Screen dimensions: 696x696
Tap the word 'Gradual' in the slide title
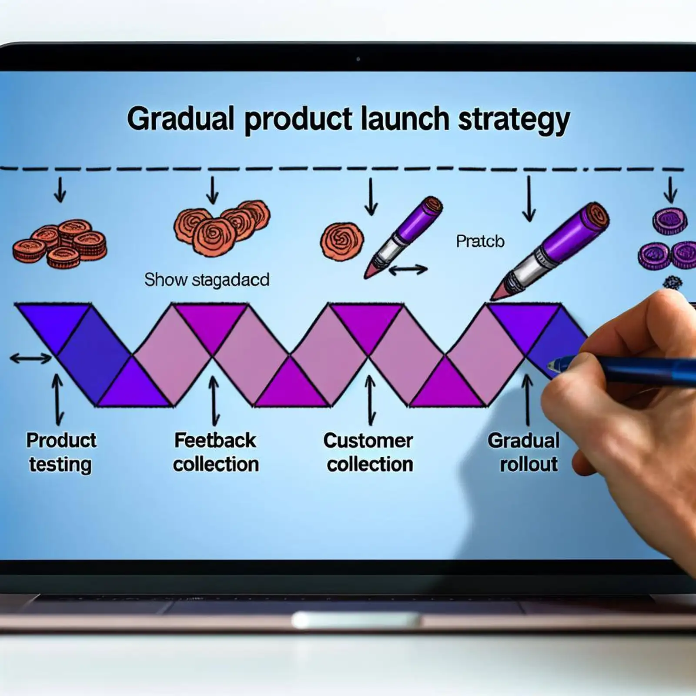tap(181, 119)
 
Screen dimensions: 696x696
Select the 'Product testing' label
tap(61, 452)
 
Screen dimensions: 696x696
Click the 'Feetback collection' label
tap(216, 452)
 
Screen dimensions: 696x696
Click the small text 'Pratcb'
tap(480, 241)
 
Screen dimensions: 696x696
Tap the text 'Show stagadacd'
tap(207, 280)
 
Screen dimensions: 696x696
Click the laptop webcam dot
tap(358, 59)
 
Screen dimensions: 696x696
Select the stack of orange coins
tap(60, 244)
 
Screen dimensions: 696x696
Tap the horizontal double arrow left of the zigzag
tap(30, 359)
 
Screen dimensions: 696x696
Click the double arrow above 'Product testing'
tap(57, 399)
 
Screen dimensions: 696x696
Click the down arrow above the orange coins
tap(60, 190)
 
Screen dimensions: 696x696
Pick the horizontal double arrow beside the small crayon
tap(408, 270)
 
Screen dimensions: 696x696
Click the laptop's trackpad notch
tap(355, 619)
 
